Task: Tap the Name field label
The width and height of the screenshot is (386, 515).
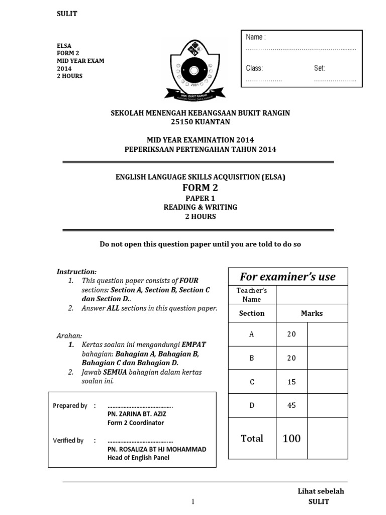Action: click(255, 37)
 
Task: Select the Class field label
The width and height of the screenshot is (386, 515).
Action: click(254, 68)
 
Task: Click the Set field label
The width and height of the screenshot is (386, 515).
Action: click(320, 68)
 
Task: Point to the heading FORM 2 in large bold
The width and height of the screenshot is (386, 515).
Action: click(200, 188)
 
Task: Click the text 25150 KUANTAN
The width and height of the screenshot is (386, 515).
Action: click(200, 122)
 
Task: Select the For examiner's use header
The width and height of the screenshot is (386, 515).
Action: click(287, 277)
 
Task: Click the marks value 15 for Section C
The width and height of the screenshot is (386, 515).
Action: click(292, 382)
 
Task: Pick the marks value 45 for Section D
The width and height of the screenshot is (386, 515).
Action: click(292, 405)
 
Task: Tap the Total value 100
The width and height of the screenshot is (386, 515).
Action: click(292, 439)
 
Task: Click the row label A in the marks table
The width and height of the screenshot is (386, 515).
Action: click(252, 334)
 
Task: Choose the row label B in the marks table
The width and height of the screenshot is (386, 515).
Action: click(252, 358)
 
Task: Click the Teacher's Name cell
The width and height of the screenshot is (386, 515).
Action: click(252, 295)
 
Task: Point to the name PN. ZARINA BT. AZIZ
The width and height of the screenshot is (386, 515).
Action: click(137, 414)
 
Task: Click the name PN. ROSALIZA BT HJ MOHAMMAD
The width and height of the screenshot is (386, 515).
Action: click(157, 449)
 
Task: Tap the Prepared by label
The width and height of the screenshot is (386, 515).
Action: click(70, 405)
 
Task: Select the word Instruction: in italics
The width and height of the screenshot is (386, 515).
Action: click(76, 272)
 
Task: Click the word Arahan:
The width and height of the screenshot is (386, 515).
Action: click(69, 335)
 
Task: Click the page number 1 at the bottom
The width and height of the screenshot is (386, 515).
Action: click(192, 502)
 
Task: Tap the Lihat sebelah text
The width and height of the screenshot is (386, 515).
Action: click(321, 491)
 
